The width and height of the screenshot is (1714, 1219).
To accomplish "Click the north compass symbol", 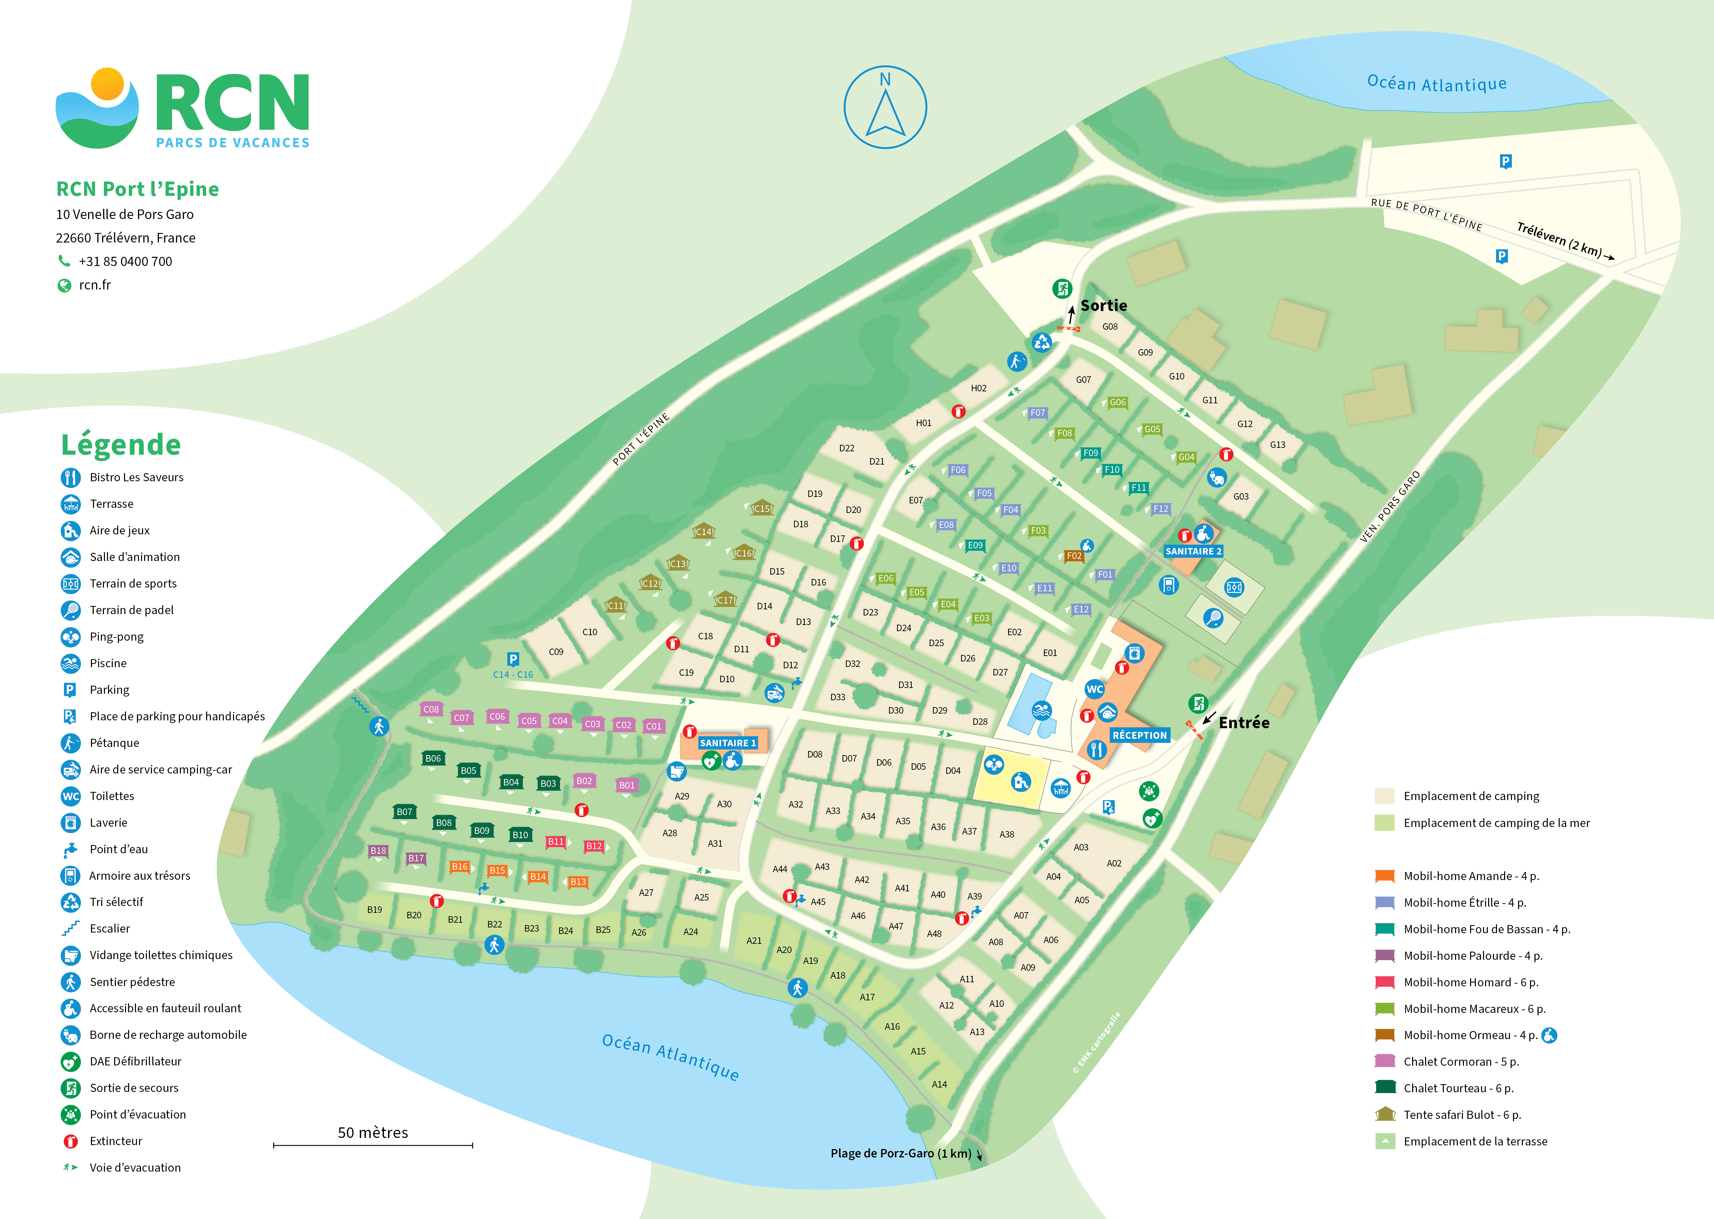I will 885,107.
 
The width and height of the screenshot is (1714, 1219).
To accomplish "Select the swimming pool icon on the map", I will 1040,710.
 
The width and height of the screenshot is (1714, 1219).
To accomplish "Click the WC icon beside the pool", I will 1095,689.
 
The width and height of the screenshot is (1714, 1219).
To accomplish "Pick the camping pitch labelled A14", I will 939,1084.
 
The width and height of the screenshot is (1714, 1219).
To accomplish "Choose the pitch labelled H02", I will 978,388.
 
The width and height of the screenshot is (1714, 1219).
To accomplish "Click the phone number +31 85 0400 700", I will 125,261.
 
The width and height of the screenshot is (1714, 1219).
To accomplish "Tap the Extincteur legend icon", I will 71,1141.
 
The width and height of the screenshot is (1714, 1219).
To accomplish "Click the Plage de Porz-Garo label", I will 900,1153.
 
